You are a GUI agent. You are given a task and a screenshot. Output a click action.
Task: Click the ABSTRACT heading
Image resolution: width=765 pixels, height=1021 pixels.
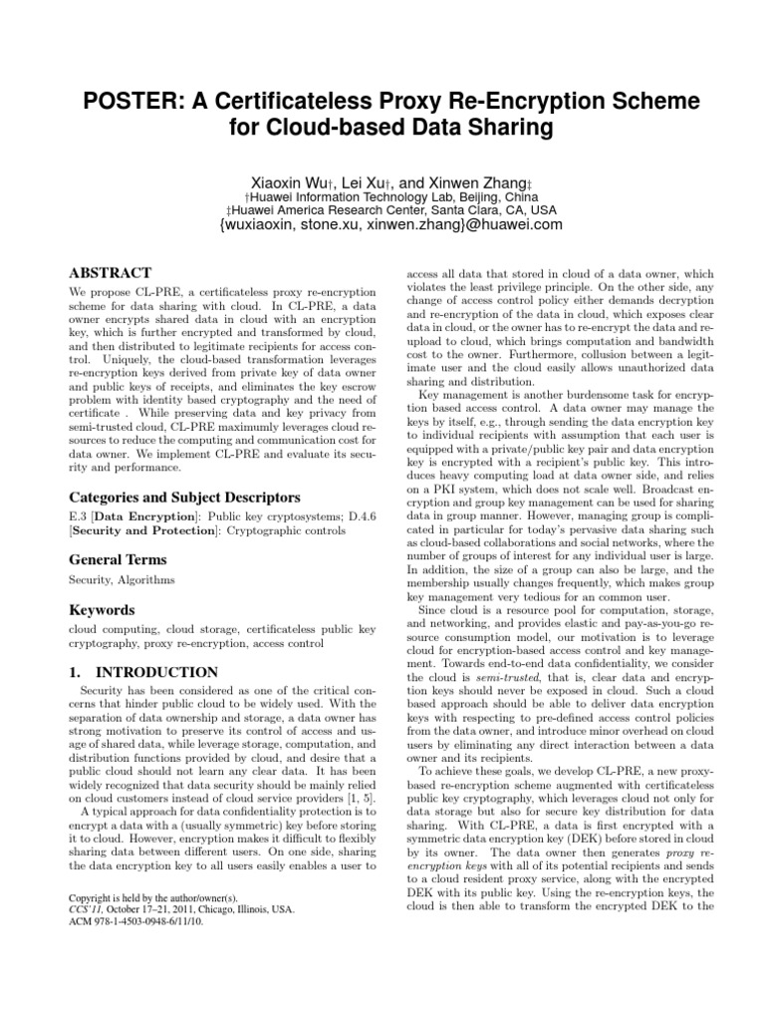point(110,273)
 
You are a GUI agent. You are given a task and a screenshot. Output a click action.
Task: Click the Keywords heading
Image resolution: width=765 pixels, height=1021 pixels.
point(101,608)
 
